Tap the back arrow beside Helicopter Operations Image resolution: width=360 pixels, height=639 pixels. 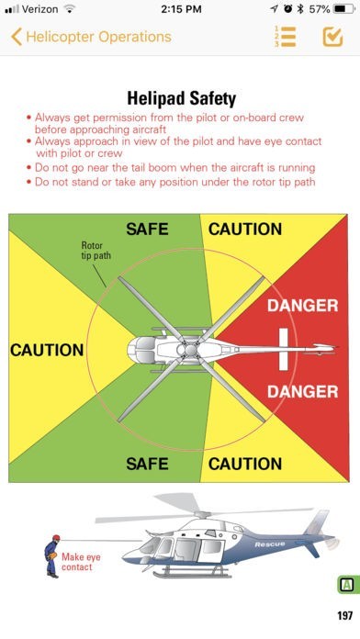click(17, 37)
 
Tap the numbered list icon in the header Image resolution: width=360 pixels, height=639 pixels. click(285, 37)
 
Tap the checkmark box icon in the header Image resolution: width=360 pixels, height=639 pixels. click(332, 37)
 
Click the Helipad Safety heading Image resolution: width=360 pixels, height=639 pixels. click(182, 98)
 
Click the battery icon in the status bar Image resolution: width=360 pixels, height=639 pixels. click(343, 9)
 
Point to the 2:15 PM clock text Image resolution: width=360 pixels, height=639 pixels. click(181, 9)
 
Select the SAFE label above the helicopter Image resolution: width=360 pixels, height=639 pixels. click(147, 229)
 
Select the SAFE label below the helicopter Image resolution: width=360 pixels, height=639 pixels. click(147, 464)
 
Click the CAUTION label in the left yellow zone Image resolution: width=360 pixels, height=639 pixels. click(47, 350)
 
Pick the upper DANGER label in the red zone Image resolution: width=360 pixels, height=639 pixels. click(303, 306)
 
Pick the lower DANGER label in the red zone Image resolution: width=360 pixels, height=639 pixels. click(303, 392)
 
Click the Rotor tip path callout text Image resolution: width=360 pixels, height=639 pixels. click(96, 251)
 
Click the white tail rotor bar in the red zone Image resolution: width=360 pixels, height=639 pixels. click(284, 350)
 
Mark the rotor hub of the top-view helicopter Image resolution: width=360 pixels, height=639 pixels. click(191, 350)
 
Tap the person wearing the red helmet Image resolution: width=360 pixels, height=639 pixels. click(52, 555)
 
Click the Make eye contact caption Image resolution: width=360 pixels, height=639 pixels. click(81, 562)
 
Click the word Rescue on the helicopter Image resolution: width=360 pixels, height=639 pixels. click(270, 544)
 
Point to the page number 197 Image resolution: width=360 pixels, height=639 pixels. click(345, 615)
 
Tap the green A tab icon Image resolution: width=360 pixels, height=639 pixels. click(347, 585)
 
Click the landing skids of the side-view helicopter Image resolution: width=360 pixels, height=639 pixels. click(192, 573)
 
